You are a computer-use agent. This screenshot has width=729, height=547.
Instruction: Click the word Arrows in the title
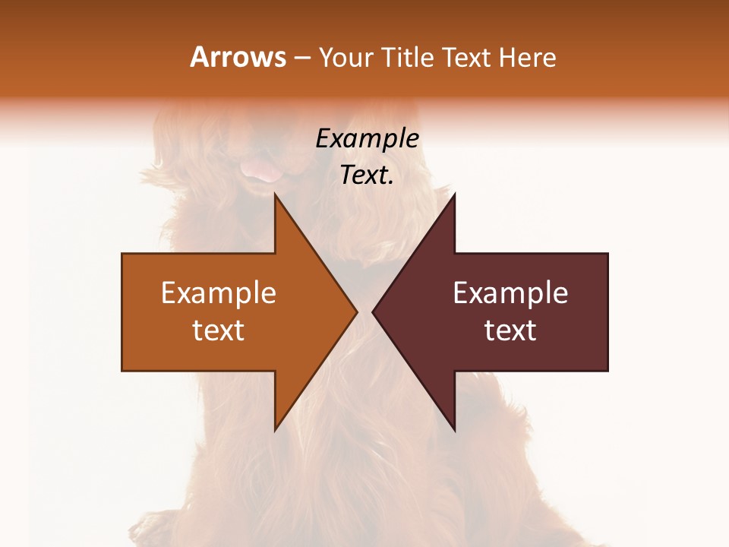238,57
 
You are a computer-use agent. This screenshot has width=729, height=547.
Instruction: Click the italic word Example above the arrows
367,139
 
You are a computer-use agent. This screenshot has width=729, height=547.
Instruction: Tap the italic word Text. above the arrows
367,175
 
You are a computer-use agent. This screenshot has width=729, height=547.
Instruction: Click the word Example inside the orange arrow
219,293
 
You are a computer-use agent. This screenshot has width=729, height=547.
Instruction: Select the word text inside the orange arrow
219,330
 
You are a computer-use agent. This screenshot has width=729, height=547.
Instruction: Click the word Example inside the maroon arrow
510,293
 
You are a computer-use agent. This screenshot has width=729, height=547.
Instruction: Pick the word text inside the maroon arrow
510,330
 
